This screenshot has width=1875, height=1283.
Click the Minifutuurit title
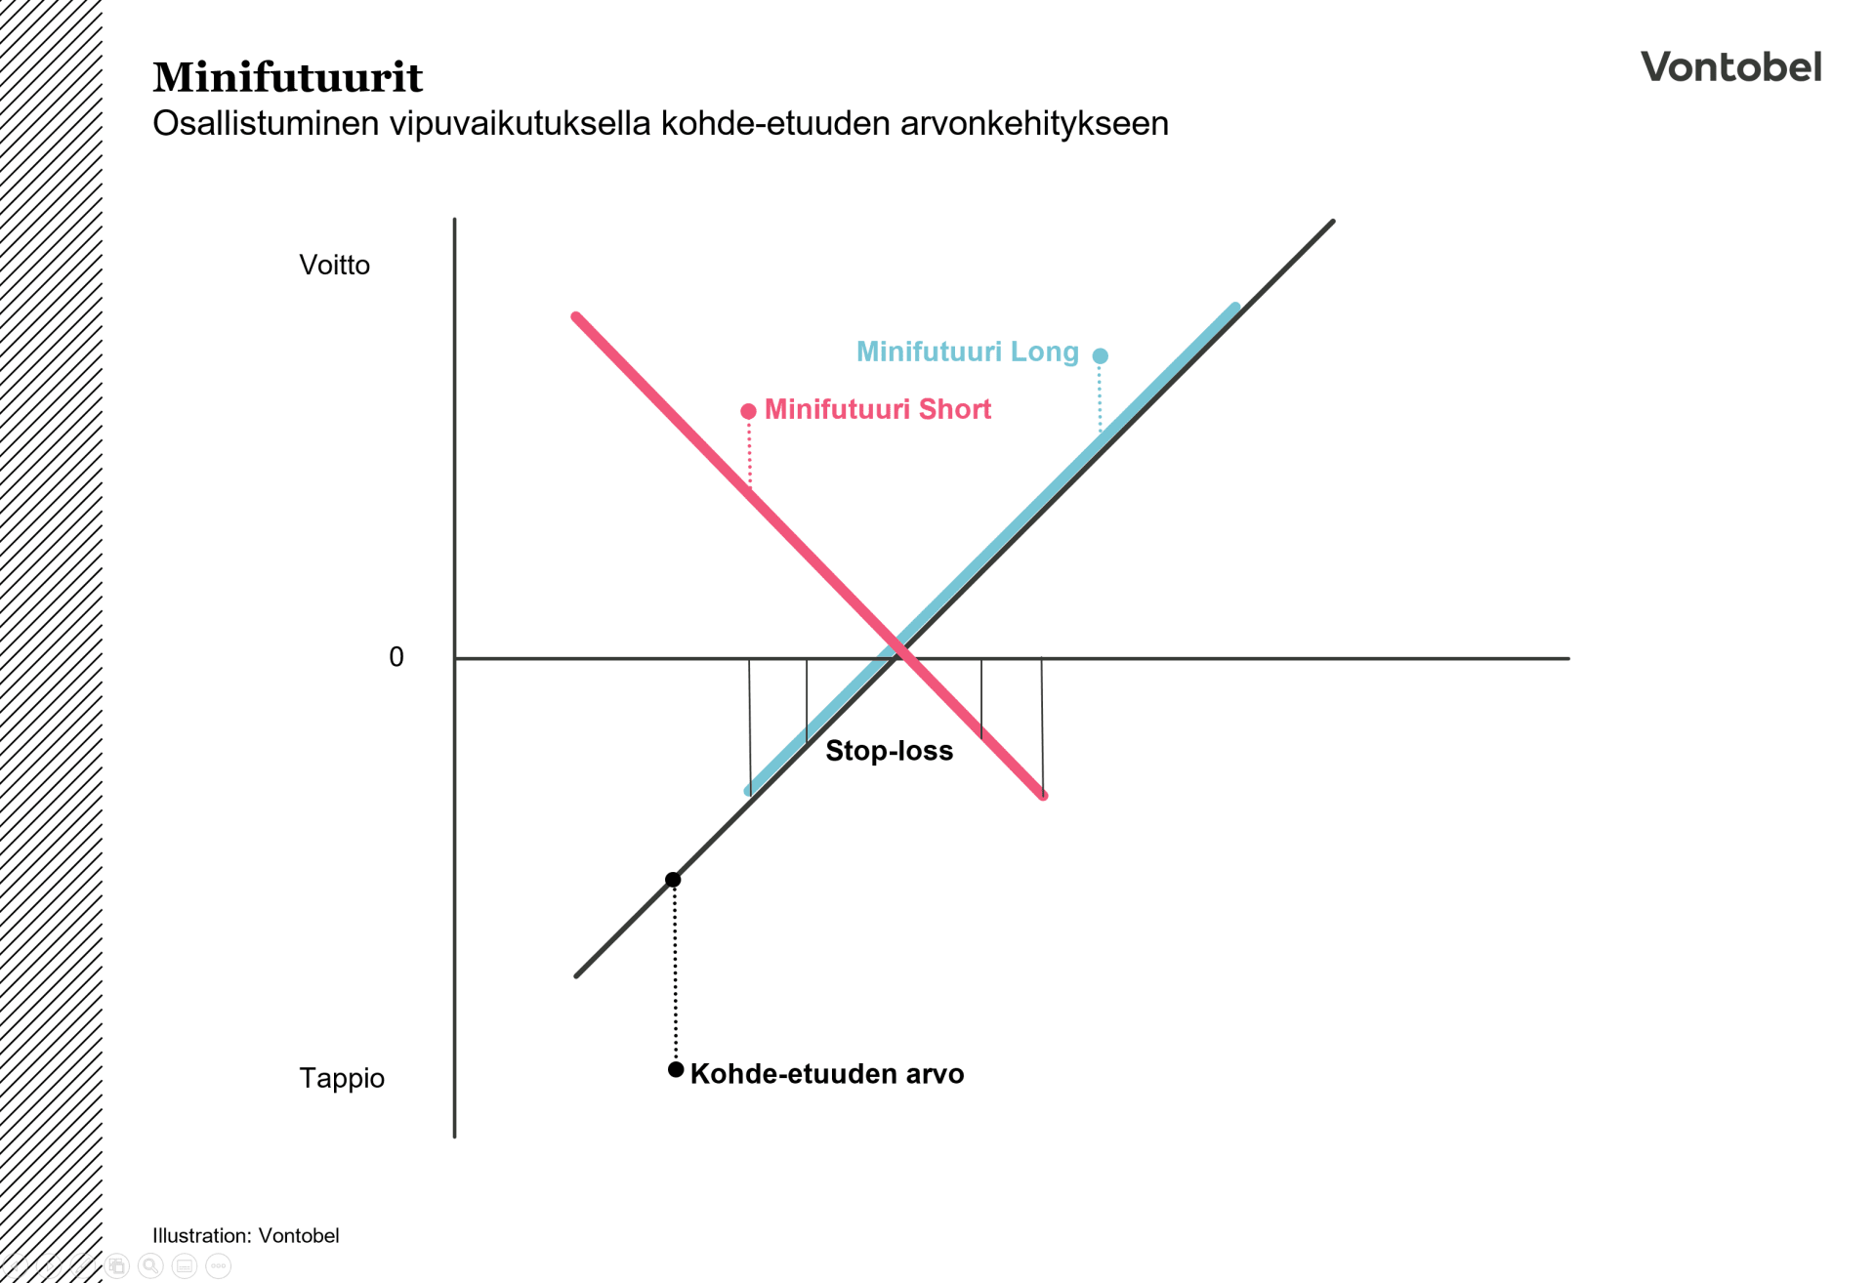287,78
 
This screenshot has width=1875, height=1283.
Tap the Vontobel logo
1730,67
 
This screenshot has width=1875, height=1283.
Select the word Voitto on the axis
334,266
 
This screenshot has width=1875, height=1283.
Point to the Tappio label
341,1078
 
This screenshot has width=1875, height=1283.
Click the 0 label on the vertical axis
396,657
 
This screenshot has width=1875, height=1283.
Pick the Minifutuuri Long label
967,352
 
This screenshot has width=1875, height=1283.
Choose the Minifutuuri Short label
877,409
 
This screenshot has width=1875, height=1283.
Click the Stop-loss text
889,751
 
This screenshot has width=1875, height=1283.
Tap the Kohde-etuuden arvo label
826,1074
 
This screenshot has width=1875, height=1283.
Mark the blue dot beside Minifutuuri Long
1100,355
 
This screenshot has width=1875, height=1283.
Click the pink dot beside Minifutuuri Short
748,411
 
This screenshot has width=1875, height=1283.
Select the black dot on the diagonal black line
673,880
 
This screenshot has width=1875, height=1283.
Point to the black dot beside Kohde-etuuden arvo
675,1070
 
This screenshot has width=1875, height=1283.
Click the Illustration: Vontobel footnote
245,1235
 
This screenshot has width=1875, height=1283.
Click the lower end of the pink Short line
1042,795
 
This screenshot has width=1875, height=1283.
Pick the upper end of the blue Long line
1235,309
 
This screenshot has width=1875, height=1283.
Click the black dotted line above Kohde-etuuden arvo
675,976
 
